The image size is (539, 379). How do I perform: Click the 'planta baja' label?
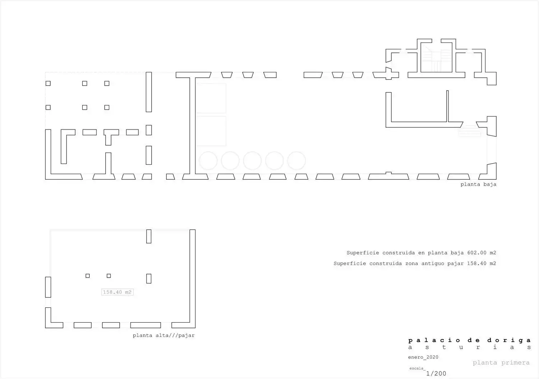(x=478, y=184)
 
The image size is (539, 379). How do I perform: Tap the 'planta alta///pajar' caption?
(x=163, y=335)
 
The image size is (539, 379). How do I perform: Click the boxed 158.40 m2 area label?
(x=118, y=292)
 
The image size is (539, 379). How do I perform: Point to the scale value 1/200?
(x=436, y=374)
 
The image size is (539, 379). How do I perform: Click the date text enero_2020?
(x=423, y=357)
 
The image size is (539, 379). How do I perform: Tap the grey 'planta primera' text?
(x=501, y=363)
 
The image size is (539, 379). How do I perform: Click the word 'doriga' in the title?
(x=509, y=341)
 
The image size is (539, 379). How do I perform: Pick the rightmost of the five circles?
(x=296, y=161)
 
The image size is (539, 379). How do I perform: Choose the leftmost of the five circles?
(x=208, y=161)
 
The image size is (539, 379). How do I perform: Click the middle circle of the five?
(x=252, y=161)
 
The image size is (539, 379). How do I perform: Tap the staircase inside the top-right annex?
(x=436, y=59)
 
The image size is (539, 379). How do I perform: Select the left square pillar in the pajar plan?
(x=88, y=276)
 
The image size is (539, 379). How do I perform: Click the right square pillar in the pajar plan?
(x=109, y=276)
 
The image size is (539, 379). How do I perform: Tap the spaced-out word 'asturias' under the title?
(x=470, y=347)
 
